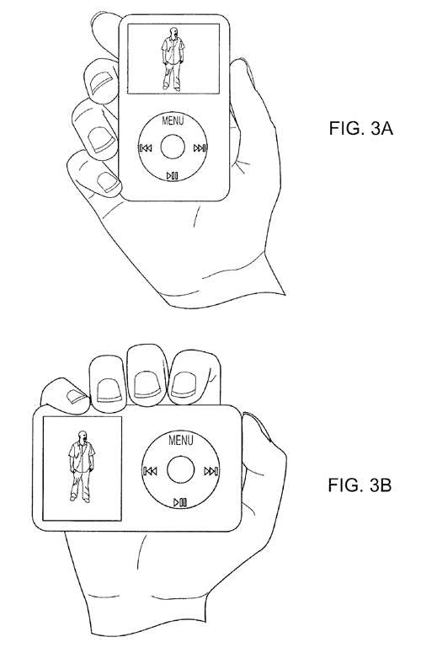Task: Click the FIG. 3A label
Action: click(x=360, y=128)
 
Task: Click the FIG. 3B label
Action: click(x=360, y=485)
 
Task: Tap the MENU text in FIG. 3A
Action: click(x=173, y=120)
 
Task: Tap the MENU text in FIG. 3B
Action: click(x=181, y=440)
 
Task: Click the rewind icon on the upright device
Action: click(x=146, y=147)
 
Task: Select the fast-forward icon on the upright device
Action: click(x=200, y=147)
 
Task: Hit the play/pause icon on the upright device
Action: click(x=173, y=175)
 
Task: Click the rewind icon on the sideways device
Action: click(x=150, y=471)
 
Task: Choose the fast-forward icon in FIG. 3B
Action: click(x=211, y=471)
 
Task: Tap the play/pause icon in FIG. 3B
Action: click(x=180, y=502)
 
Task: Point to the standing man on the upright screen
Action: click(x=172, y=59)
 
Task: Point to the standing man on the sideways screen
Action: click(x=81, y=466)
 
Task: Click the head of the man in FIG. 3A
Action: click(x=173, y=32)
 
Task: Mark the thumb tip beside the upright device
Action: click(x=241, y=67)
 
